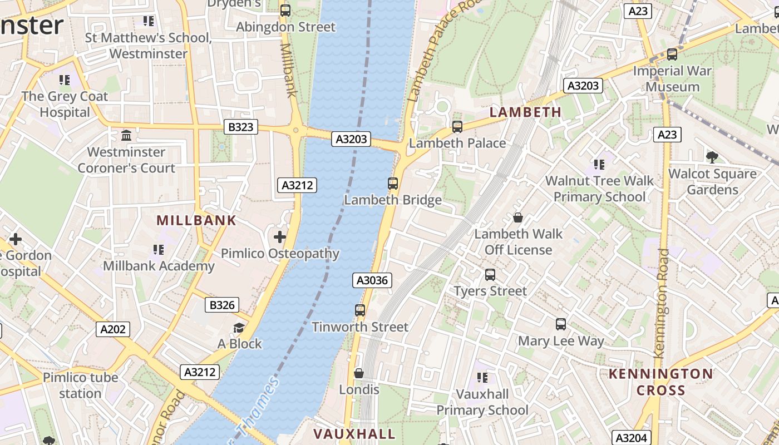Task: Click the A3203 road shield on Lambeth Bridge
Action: click(x=352, y=139)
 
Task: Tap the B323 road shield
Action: click(x=240, y=127)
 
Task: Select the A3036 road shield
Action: click(x=372, y=280)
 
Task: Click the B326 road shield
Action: click(x=222, y=305)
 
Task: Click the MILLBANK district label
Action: click(x=196, y=220)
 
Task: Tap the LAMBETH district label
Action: click(x=525, y=112)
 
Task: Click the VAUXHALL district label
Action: click(x=354, y=434)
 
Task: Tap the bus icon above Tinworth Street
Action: click(x=360, y=310)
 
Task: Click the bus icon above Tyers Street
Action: click(x=490, y=274)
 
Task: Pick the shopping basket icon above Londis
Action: click(x=359, y=373)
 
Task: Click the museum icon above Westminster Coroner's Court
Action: click(x=126, y=136)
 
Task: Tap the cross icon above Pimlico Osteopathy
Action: click(x=280, y=238)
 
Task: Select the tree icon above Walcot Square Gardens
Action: click(x=712, y=157)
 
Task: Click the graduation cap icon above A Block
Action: click(x=239, y=328)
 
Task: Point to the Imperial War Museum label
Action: click(x=672, y=78)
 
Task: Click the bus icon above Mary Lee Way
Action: click(x=561, y=324)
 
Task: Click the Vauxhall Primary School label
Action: click(x=482, y=402)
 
